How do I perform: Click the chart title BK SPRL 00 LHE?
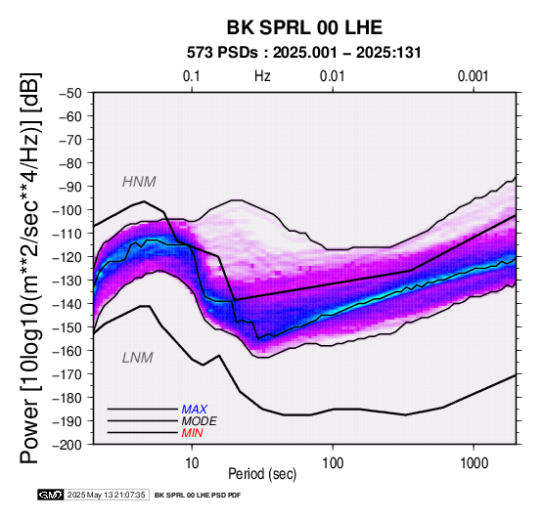(x=304, y=27)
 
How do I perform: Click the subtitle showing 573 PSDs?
(x=304, y=53)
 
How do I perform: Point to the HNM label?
(x=139, y=182)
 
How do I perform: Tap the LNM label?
(x=138, y=358)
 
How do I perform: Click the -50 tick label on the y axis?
(x=69, y=93)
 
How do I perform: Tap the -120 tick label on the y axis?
(x=67, y=257)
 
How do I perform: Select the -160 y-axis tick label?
(x=67, y=351)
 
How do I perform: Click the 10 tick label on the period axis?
(x=192, y=463)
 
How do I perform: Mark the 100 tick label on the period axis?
(x=333, y=463)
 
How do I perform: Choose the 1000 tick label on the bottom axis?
(x=474, y=463)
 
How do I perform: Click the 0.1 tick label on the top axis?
(x=192, y=76)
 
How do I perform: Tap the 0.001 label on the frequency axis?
(x=473, y=76)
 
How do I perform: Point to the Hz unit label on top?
(x=262, y=76)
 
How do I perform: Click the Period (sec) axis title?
(x=262, y=474)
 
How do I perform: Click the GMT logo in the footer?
(x=51, y=495)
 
